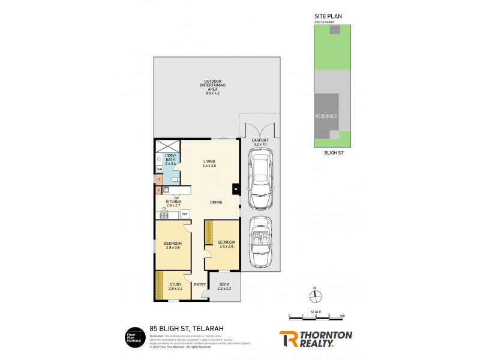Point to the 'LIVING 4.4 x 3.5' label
[x=209, y=164]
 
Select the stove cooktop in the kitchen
[x=164, y=215]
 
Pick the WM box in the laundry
[x=159, y=170]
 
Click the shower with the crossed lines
[x=167, y=145]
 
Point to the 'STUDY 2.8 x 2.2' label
[x=175, y=287]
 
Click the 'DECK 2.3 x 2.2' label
[x=224, y=287]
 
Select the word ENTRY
[x=200, y=285]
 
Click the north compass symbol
[x=318, y=296]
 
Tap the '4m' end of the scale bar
[x=341, y=316]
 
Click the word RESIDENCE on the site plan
[x=326, y=116]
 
